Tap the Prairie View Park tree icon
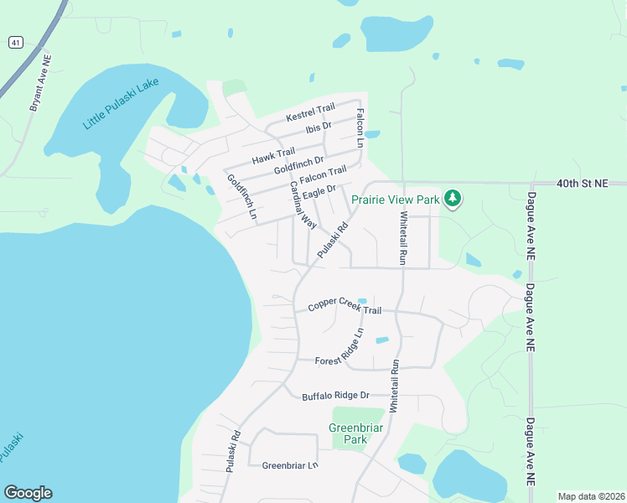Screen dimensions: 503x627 453,199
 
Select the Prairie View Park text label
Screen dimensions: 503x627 395,200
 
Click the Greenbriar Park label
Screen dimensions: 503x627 350,433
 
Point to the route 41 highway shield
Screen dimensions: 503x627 15,42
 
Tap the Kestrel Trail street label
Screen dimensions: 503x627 310,109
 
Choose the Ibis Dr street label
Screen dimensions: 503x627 319,127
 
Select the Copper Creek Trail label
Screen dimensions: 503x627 344,308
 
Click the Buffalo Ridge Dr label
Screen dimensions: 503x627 335,395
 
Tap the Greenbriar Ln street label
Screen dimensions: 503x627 290,465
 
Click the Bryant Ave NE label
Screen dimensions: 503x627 41,84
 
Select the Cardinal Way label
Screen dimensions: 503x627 303,205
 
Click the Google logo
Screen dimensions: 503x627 28,493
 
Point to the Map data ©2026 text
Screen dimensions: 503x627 591,496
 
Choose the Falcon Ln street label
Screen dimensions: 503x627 360,128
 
